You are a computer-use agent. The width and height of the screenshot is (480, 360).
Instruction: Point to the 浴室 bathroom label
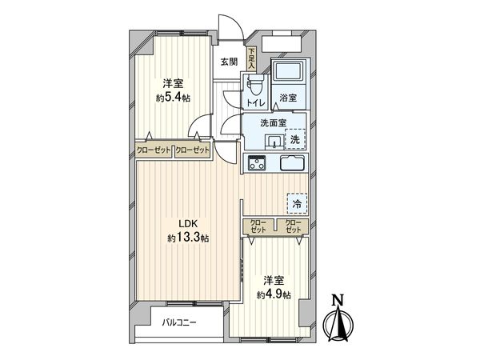click(x=288, y=98)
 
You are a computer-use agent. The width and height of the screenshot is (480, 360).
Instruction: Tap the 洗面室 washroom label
click(x=273, y=123)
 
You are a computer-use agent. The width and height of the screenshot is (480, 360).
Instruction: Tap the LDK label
click(x=189, y=224)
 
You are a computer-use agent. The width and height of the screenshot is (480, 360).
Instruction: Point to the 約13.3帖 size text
click(x=189, y=238)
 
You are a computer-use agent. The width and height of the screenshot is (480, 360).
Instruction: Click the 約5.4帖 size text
click(x=173, y=98)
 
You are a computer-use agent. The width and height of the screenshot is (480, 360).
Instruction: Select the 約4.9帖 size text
click(x=274, y=294)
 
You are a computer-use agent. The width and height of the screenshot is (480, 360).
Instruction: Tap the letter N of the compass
click(x=338, y=301)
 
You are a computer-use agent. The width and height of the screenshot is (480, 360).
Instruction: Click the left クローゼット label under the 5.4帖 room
click(x=154, y=150)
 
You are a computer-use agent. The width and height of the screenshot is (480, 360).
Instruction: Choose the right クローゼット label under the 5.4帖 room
click(x=192, y=150)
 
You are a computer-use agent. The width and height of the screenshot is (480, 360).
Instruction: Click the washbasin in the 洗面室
click(x=274, y=142)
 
